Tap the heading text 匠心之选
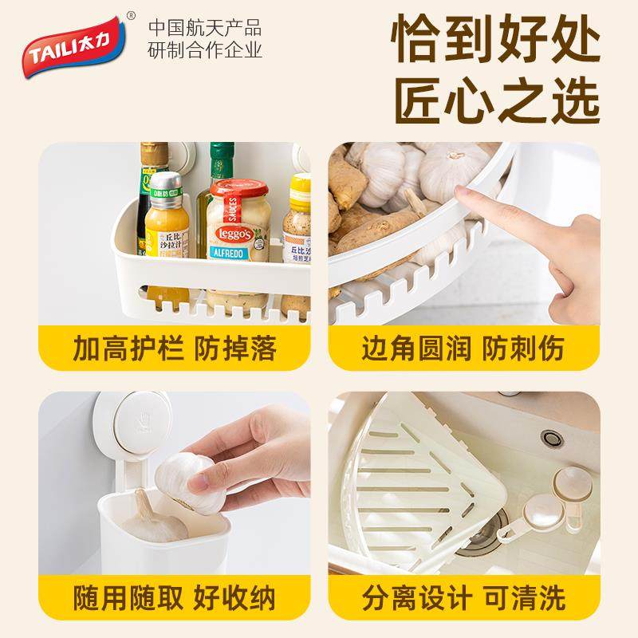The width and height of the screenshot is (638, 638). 495,102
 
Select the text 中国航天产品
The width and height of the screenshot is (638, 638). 205,30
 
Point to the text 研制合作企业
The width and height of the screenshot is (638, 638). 205,53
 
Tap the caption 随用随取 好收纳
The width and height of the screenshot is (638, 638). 174,596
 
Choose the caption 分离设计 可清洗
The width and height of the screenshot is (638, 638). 463,596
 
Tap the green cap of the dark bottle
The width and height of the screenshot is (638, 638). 221,150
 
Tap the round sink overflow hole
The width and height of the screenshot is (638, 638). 549,438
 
